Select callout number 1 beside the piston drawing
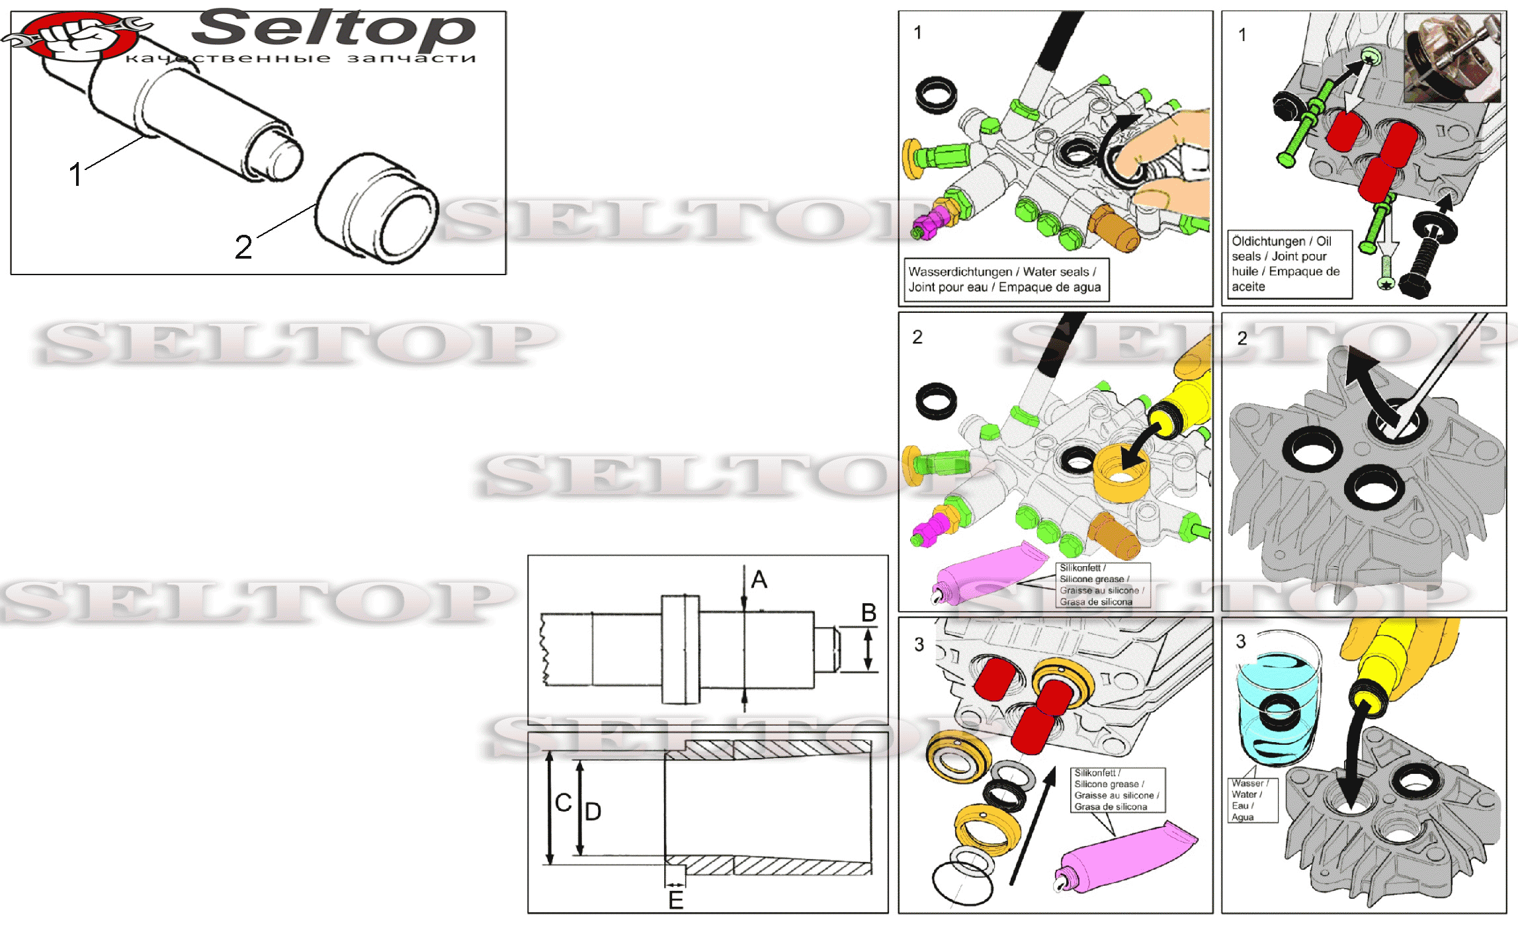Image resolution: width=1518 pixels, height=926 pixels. pyautogui.click(x=76, y=175)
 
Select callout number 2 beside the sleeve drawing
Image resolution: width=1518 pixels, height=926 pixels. pyautogui.click(x=243, y=247)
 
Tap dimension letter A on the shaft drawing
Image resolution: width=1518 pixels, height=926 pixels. pyautogui.click(x=759, y=579)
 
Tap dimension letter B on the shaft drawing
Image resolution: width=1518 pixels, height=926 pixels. pyautogui.click(x=868, y=613)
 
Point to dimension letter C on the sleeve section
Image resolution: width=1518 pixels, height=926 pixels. pyautogui.click(x=563, y=803)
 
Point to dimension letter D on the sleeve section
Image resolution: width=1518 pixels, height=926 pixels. pyautogui.click(x=593, y=812)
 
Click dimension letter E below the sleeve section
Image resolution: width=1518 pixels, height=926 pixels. pyautogui.click(x=675, y=900)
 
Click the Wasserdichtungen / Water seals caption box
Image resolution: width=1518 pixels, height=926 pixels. pyautogui.click(x=1006, y=279)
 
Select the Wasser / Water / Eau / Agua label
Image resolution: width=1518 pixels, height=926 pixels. pyautogui.click(x=1252, y=800)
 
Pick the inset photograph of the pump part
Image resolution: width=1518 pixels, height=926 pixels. pyautogui.click(x=1452, y=58)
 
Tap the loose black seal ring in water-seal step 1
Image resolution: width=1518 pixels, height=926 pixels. pyautogui.click(x=936, y=94)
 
